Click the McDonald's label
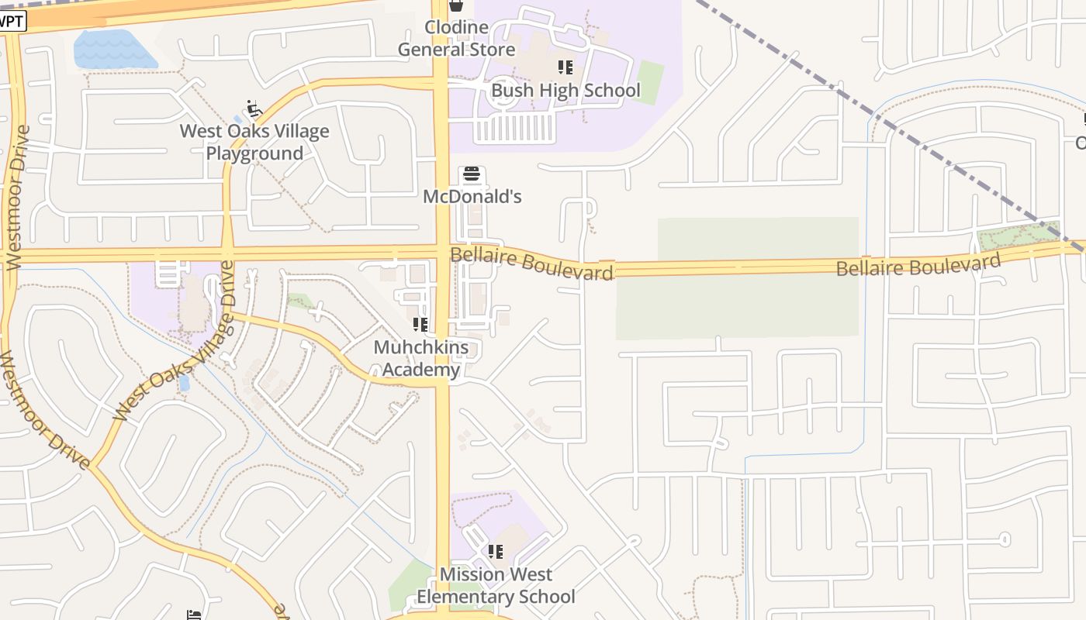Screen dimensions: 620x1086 tap(472, 197)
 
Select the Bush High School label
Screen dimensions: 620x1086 tap(565, 91)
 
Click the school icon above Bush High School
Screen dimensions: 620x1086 tap(565, 67)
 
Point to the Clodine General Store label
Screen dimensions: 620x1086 tap(456, 39)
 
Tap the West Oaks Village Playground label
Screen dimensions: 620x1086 tap(254, 142)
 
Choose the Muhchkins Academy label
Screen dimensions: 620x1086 tap(421, 358)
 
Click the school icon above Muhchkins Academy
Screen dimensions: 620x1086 tap(420, 324)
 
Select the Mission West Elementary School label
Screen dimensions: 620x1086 tap(496, 585)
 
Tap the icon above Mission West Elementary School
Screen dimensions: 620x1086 tap(495, 552)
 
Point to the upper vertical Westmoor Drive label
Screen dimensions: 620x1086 tap(16, 198)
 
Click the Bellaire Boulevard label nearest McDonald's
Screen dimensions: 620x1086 tap(532, 263)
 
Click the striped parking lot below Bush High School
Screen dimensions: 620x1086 tap(514, 128)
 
